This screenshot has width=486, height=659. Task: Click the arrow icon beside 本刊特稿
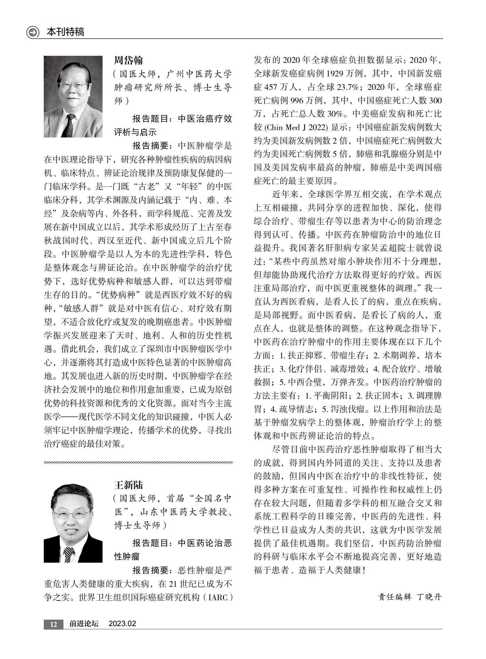(x=33, y=32)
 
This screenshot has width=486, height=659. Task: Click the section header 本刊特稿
(x=65, y=32)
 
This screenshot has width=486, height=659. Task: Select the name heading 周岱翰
(x=128, y=60)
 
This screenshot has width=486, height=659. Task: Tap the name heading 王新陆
(x=128, y=485)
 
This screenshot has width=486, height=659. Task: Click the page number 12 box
(x=53, y=624)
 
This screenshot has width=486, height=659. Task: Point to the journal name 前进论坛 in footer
(x=84, y=624)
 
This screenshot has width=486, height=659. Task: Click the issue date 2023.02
(x=122, y=624)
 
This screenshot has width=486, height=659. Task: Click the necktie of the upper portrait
(x=69, y=125)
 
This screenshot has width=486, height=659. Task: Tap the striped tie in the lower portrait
(x=69, y=555)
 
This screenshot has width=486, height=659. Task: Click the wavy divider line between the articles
(x=138, y=463)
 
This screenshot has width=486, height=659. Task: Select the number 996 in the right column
(x=297, y=100)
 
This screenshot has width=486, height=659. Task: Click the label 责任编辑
(x=395, y=597)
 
